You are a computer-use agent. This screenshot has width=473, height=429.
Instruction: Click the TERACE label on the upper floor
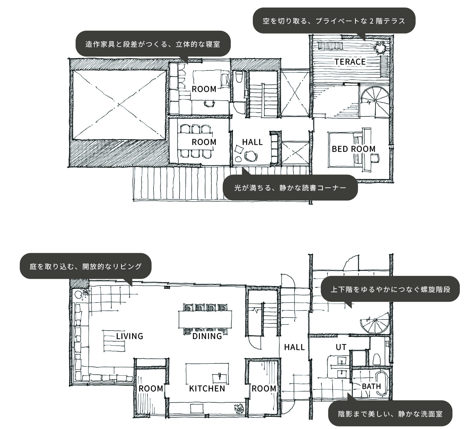pyautogui.click(x=350, y=62)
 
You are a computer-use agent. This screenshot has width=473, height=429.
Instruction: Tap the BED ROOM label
pyautogui.click(x=354, y=149)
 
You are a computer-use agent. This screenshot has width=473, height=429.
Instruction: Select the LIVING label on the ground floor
pyautogui.click(x=130, y=336)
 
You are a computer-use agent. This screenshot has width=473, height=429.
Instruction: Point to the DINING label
pyautogui.click(x=207, y=336)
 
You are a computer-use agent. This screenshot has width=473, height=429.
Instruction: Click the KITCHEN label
pyautogui.click(x=207, y=389)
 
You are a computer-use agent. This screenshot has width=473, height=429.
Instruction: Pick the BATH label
pyautogui.click(x=372, y=386)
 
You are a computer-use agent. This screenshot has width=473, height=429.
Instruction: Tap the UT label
pyautogui.click(x=341, y=347)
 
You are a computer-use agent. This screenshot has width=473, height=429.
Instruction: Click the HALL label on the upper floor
pyautogui.click(x=252, y=142)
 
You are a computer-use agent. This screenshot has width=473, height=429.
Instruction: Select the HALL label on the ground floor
pyautogui.click(x=295, y=347)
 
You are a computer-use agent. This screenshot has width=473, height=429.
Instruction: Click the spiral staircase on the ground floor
pyautogui.click(x=375, y=324)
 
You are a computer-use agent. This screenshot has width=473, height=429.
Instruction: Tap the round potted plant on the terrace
pyautogui.click(x=380, y=48)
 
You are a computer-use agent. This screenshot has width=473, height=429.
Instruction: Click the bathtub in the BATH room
pyautogui.click(x=382, y=384)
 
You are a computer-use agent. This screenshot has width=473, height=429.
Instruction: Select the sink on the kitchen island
pyautogui.click(x=220, y=378)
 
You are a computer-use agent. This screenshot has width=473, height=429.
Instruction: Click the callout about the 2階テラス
pyautogui.click(x=334, y=21)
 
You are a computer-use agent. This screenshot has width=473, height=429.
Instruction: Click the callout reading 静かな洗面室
pyautogui.click(x=390, y=413)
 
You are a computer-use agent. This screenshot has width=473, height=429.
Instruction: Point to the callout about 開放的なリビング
pyautogui.click(x=86, y=266)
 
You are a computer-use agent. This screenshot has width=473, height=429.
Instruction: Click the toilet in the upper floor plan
pyautogui.click(x=239, y=77)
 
